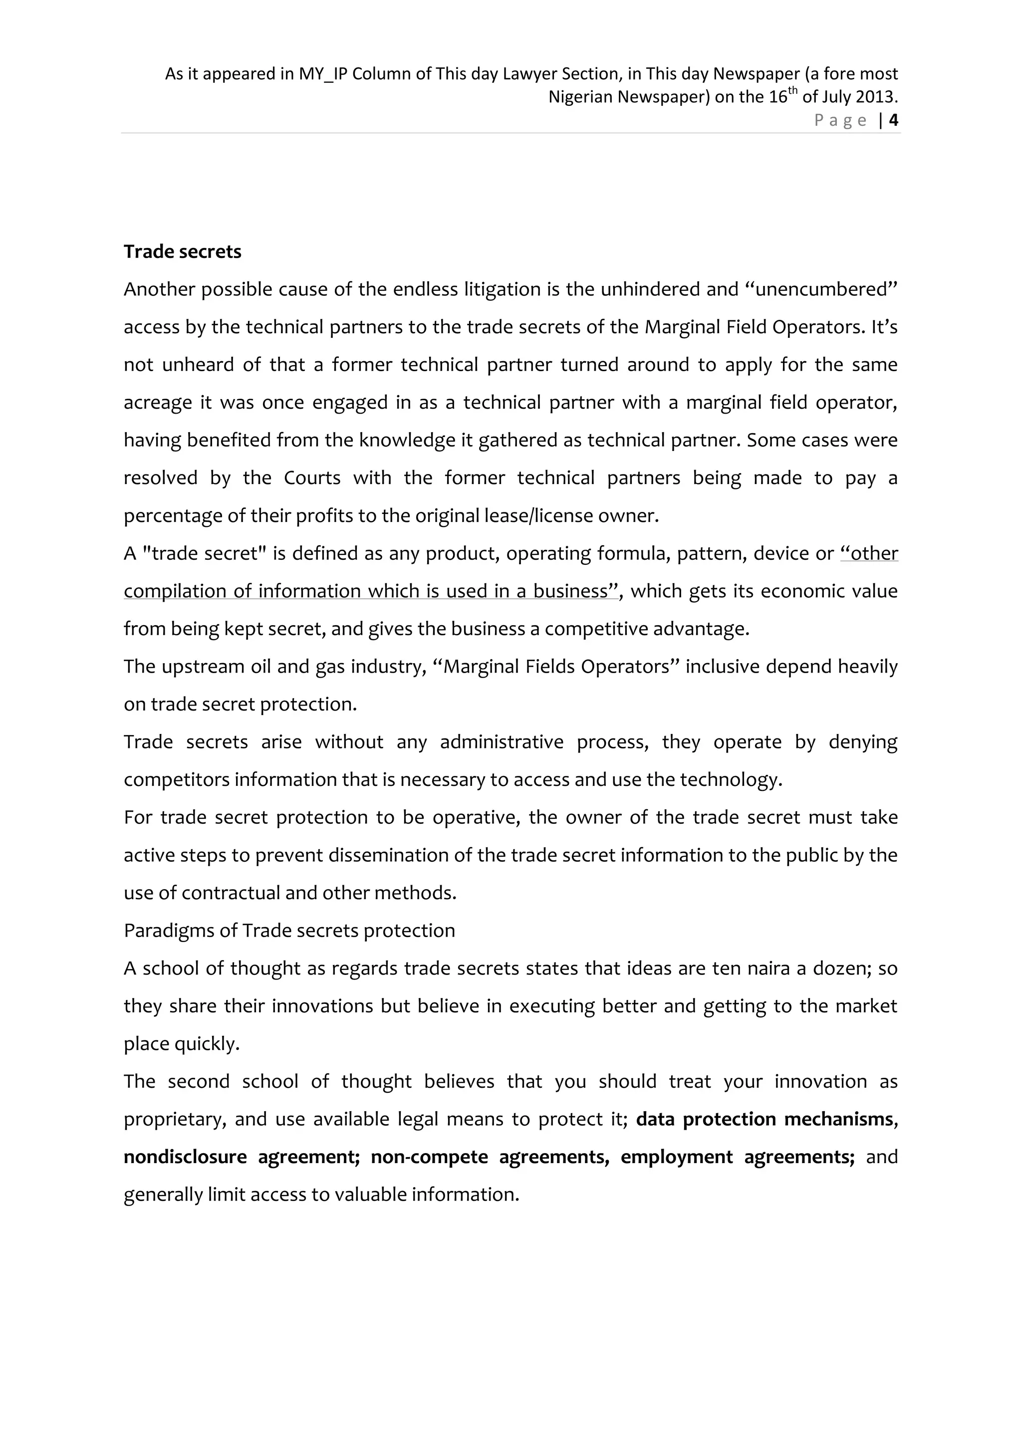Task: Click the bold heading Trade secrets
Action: tap(183, 252)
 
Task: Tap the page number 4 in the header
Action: tap(893, 120)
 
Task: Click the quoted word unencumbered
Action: tap(821, 289)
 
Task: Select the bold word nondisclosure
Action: tap(185, 1158)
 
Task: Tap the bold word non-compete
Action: tap(429, 1158)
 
